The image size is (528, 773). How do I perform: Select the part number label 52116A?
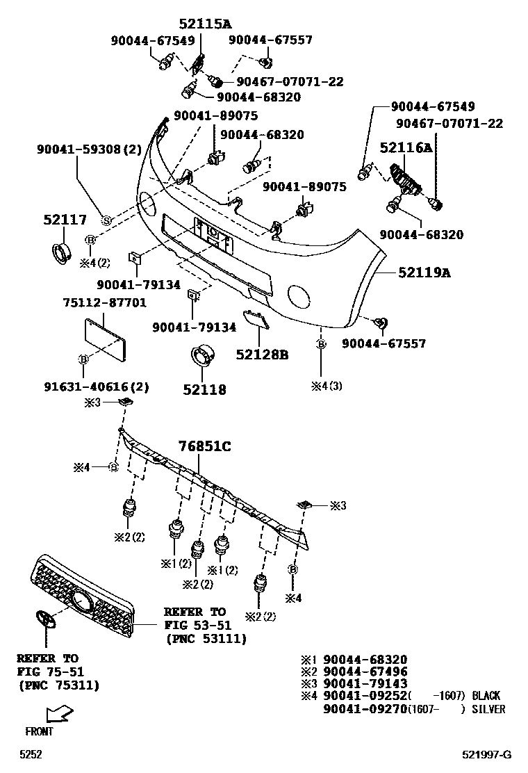point(406,147)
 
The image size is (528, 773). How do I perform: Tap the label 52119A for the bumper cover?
point(424,273)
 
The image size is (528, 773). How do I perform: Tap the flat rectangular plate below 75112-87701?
point(106,339)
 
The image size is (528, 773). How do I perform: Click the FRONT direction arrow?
point(58,713)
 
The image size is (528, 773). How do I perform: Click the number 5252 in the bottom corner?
point(30,754)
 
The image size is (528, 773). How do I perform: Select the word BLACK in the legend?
point(486,696)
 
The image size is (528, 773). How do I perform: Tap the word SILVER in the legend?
point(488,709)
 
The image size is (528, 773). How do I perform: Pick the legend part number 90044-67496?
point(365,672)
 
